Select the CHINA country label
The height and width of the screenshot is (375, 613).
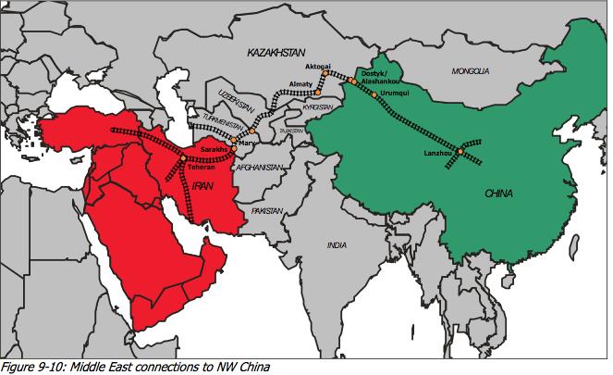pyautogui.click(x=499, y=194)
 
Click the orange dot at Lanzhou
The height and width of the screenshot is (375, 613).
pyautogui.click(x=460, y=151)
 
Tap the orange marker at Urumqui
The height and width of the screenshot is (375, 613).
pyautogui.click(x=374, y=95)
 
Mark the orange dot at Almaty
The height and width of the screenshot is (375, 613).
pyautogui.click(x=317, y=93)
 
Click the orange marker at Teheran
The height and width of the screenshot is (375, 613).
pyautogui.click(x=184, y=159)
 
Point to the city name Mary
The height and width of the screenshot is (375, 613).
pyautogui.click(x=245, y=143)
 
